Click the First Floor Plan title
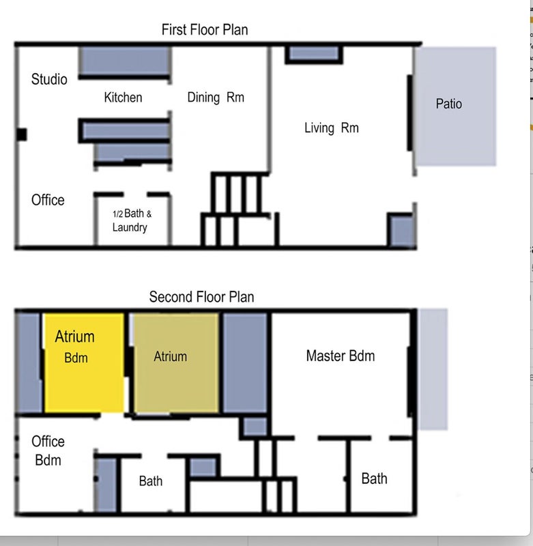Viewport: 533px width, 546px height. point(205,30)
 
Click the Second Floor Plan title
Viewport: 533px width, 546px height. point(201,297)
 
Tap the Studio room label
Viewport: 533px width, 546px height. point(49,79)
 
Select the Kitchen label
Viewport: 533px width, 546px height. point(123,98)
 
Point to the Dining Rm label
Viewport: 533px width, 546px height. point(216,98)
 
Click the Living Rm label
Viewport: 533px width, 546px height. point(332,128)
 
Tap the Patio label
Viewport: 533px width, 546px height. point(449,104)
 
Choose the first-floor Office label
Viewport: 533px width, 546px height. point(48,200)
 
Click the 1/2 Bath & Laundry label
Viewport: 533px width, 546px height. point(132,220)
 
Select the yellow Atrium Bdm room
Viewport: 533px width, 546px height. point(84,363)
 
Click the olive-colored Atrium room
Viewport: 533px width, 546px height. point(176,363)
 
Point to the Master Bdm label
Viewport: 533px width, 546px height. point(341,356)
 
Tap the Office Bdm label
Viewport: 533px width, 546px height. point(48,451)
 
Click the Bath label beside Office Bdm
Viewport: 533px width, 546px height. point(150,481)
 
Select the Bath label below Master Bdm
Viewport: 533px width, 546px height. point(374,479)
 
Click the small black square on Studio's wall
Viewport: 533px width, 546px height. point(22,134)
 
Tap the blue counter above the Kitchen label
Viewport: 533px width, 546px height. point(125,61)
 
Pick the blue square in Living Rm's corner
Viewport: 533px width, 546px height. point(401,230)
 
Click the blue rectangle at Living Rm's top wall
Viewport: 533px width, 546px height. point(314,54)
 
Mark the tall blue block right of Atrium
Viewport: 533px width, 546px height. point(245,363)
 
